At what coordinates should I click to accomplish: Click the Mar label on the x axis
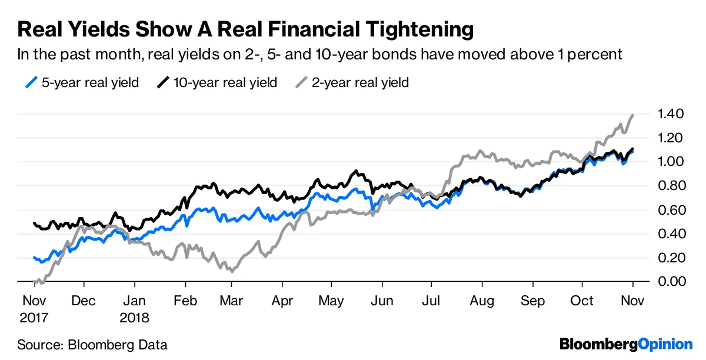[231, 301]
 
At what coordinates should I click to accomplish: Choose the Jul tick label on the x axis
[431, 301]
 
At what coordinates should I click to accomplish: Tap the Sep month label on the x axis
[532, 301]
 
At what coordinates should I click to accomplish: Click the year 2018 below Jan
[135, 318]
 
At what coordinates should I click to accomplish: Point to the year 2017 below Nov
[34, 318]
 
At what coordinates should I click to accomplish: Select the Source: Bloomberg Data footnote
[92, 345]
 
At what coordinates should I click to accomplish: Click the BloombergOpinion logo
[626, 344]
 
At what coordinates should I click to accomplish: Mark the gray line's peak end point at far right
[633, 115]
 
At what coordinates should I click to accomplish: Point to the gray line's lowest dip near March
[232, 272]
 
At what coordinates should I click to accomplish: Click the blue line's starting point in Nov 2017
[34, 257]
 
